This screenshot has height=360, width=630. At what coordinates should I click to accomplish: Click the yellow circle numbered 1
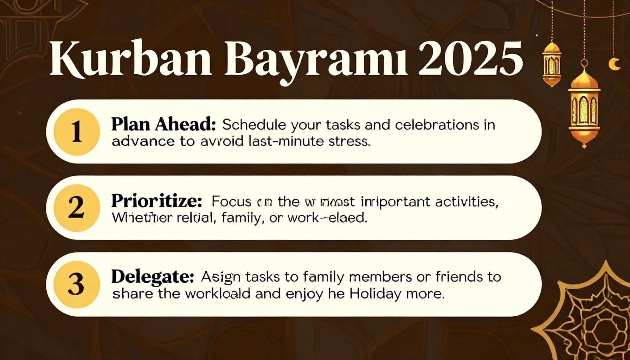[77, 132]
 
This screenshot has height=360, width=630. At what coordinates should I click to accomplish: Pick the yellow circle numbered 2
[77, 208]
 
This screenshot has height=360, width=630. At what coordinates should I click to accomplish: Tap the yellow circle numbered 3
[77, 284]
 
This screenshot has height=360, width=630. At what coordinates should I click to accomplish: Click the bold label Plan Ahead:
[163, 125]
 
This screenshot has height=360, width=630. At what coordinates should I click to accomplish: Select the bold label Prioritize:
[157, 201]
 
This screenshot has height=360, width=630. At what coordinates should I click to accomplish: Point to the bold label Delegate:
[153, 277]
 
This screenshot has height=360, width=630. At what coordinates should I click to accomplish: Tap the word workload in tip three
[218, 294]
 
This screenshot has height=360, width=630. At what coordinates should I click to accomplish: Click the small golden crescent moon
[614, 64]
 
